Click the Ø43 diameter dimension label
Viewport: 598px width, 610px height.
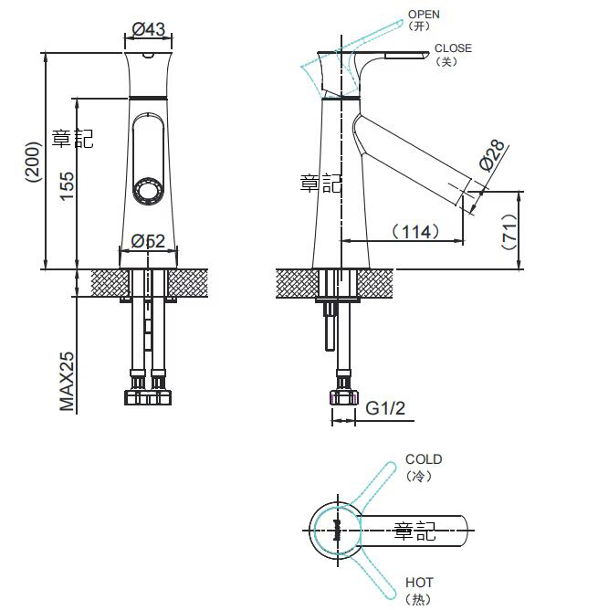coord(148,29)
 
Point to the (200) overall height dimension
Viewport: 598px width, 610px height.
coord(33,162)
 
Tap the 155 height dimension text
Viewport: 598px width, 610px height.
coord(67,186)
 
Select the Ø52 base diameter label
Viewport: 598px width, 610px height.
coord(148,241)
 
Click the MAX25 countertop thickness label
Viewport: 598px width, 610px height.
coord(67,382)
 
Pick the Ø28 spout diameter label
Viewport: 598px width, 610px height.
coord(492,155)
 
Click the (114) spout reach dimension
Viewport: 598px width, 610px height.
coord(415,232)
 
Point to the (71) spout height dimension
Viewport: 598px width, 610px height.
coord(509,231)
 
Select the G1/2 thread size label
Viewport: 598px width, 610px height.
coord(385,408)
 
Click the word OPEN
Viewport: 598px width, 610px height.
coord(424,15)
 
